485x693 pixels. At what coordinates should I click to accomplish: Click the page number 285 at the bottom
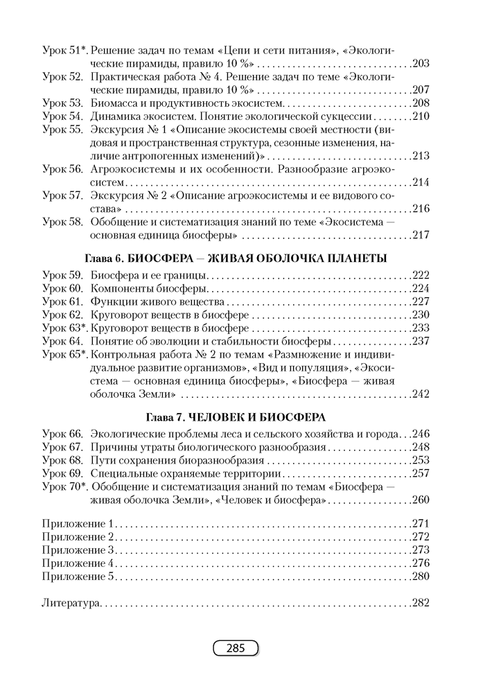(x=235, y=649)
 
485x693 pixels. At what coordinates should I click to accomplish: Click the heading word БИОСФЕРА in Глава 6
(x=160, y=258)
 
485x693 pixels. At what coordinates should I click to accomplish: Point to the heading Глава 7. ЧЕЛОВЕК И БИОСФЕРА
(x=235, y=417)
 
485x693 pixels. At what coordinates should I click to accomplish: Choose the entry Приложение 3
(x=78, y=550)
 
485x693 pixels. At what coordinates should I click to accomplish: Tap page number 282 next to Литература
(x=421, y=603)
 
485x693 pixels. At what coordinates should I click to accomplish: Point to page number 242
(x=421, y=394)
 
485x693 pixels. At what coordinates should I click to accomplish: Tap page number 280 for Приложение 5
(x=421, y=576)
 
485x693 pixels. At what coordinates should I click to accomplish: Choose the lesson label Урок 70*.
(x=64, y=486)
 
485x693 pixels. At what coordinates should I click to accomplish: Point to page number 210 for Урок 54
(x=421, y=116)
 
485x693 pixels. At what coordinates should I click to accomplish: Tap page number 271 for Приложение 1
(x=421, y=523)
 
